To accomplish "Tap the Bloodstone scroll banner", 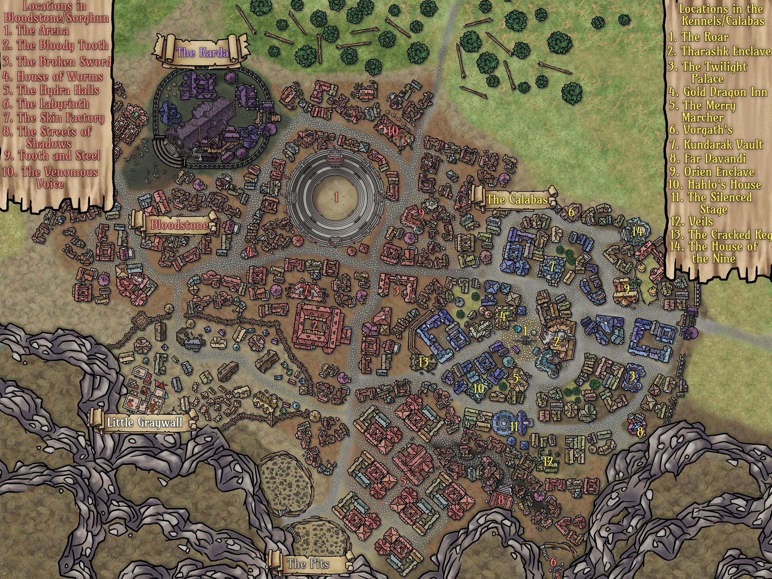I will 179,225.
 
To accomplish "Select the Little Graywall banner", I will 145,423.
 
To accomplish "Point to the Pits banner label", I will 308,563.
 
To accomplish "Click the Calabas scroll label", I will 517,199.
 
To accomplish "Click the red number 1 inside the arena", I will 337,197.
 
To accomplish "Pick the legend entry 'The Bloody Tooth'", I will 56,45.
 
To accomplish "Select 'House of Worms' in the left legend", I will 53,77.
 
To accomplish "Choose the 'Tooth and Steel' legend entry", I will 52,156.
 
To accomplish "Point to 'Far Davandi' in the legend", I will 708,158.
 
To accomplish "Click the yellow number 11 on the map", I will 515,426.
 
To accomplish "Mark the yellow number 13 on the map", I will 423,362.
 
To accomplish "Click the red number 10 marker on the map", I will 392,131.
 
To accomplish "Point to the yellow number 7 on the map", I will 552,267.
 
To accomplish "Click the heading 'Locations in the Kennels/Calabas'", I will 721,15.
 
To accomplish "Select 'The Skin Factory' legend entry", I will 54,118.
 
